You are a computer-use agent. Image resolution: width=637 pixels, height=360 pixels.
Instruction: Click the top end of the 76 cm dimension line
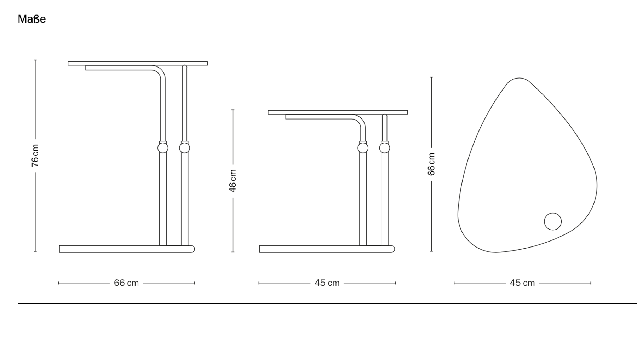(35, 60)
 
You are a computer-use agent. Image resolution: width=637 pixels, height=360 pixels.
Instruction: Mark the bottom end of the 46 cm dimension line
(233, 252)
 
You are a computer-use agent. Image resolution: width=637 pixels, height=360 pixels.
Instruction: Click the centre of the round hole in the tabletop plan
(553, 221)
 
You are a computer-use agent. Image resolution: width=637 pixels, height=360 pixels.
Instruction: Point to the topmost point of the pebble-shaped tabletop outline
(519, 78)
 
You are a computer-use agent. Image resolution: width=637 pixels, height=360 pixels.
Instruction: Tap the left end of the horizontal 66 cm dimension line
(59, 283)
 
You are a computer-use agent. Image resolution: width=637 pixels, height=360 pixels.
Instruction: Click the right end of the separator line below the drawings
(637, 303)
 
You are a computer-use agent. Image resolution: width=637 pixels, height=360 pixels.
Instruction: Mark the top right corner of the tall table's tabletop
(207, 62)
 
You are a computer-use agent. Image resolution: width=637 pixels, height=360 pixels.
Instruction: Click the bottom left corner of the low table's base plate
(260, 252)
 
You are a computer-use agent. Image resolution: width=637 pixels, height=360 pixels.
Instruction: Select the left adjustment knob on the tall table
(163, 148)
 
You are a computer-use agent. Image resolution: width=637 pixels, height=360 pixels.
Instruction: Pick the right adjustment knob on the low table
(385, 148)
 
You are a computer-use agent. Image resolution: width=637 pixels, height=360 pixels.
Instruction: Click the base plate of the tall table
(127, 249)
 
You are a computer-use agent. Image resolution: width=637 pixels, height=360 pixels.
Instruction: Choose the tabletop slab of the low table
(338, 112)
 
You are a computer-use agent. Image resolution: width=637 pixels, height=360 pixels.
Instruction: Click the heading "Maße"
(32, 19)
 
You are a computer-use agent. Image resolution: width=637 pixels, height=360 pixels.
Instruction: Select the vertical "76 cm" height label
(35, 156)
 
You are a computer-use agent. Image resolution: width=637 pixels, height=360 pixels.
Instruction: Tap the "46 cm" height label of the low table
(233, 181)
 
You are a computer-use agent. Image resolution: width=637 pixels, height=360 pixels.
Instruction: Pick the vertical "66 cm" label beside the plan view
(431, 164)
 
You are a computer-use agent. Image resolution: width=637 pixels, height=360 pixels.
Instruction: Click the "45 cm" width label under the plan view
(522, 283)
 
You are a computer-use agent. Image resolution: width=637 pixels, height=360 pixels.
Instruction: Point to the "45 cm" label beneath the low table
(327, 283)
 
